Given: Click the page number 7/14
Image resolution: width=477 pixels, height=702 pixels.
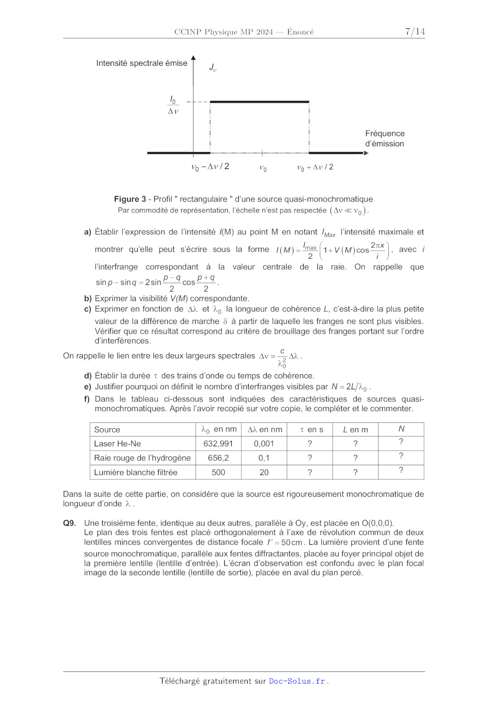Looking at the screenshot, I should point(415,32).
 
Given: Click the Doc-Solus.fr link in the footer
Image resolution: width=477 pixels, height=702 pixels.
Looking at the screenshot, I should point(297,681).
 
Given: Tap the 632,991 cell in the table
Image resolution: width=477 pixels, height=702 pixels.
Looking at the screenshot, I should point(218,444).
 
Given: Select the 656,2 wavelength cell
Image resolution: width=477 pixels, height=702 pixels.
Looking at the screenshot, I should point(218,458).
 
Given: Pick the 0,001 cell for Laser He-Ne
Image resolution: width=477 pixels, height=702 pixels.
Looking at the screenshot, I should point(264,444).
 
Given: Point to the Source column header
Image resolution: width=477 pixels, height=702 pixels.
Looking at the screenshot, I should point(107,430).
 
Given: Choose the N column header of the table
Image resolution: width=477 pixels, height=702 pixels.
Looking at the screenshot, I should point(401,429).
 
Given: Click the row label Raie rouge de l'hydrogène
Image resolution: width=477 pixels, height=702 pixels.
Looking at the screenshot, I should point(142,458).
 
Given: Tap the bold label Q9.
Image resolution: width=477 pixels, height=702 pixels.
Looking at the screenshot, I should point(70,523).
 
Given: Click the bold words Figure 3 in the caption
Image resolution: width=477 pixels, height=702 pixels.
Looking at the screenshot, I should point(130,199).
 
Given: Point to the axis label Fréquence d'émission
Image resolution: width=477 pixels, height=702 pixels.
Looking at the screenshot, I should point(385,138).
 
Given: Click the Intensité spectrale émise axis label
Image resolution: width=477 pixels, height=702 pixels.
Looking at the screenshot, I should point(142,63).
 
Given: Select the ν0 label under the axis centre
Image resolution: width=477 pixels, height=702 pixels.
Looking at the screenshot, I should point(263,168).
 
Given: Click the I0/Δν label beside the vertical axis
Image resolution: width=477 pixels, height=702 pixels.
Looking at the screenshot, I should point(173,105).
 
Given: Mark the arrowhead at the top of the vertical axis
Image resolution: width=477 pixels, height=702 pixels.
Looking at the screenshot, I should point(193,58).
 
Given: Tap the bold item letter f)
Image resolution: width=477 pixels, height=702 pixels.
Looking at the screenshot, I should point(88,399).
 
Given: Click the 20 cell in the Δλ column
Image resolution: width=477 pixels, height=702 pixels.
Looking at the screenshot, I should point(264,473).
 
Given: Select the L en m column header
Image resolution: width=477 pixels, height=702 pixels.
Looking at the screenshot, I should point(355,430).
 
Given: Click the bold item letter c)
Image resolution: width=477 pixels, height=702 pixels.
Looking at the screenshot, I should point(88,309).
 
